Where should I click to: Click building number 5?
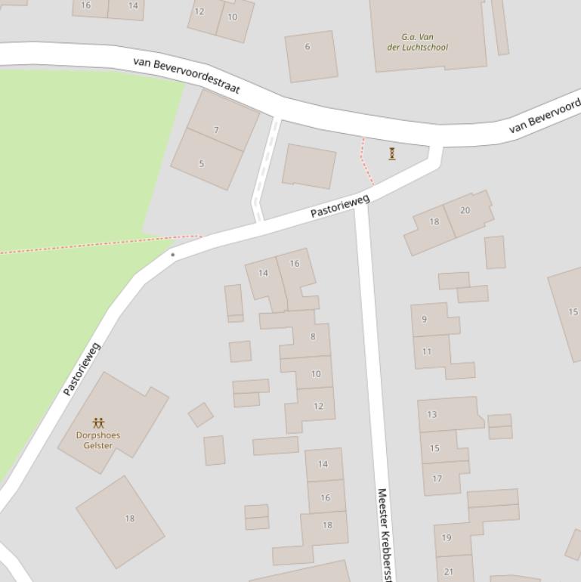[201, 164]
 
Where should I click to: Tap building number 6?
[307, 47]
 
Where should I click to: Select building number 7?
[217, 130]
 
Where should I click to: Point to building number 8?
[313, 336]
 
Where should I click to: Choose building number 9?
[424, 319]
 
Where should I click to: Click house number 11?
[427, 351]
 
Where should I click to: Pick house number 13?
[432, 414]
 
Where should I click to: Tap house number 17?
[437, 478]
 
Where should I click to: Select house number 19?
[447, 538]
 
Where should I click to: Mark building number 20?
[465, 210]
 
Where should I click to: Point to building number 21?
[449, 571]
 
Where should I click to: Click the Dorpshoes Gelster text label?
[98, 440]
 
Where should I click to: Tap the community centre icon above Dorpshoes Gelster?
[98, 423]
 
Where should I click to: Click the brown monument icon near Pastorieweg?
[392, 153]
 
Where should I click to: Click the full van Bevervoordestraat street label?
[187, 75]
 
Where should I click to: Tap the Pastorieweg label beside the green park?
[82, 369]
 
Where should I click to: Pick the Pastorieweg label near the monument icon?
[340, 206]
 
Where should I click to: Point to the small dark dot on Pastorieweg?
[173, 255]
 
